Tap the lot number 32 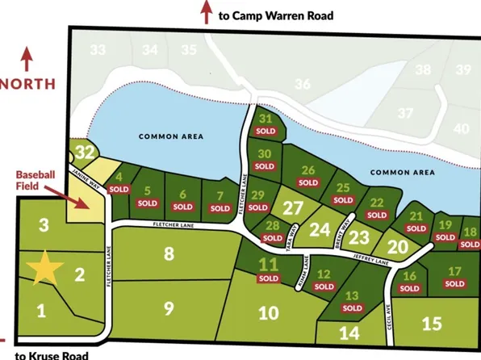click(x=83, y=151)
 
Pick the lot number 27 click(x=292, y=207)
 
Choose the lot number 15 click(x=433, y=323)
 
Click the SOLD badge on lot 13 click(x=352, y=308)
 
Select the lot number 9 click(x=169, y=308)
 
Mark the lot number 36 click(x=303, y=84)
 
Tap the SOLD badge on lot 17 click(x=454, y=283)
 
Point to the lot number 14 click(x=349, y=332)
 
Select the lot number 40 click(x=461, y=128)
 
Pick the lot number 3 click(x=45, y=224)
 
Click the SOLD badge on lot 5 click(x=147, y=205)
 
